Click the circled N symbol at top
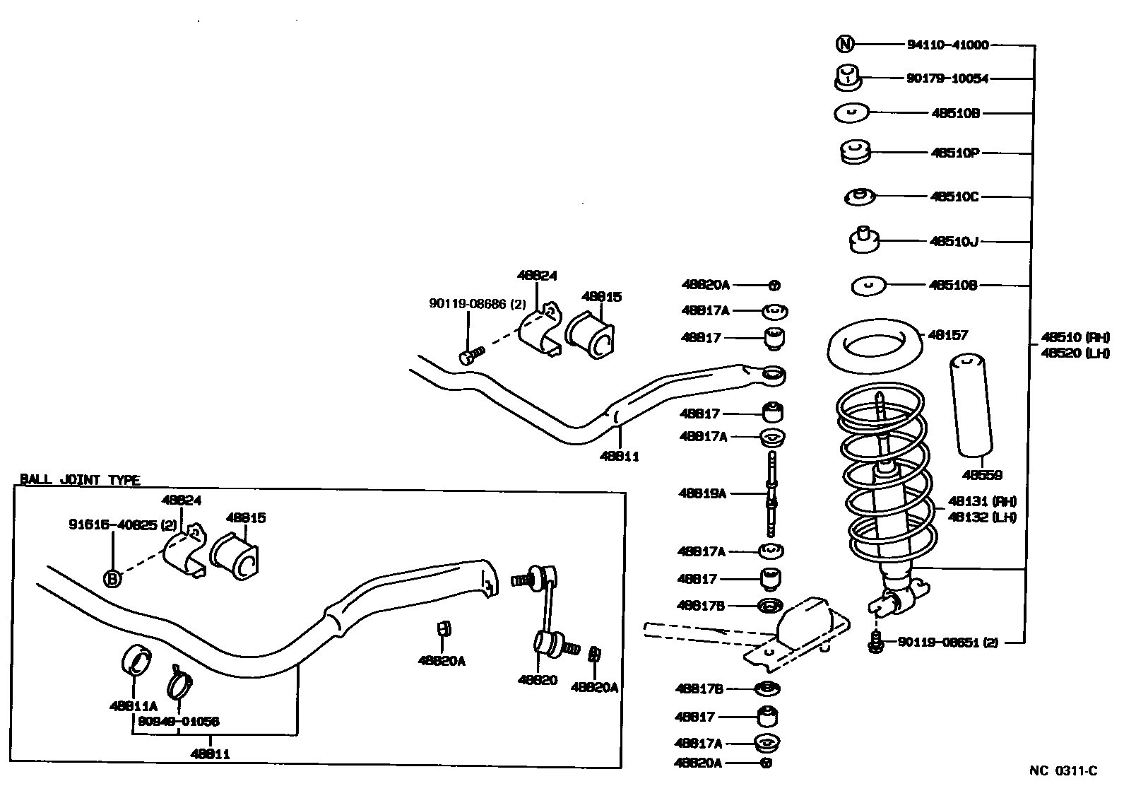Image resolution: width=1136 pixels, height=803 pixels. click(x=845, y=45)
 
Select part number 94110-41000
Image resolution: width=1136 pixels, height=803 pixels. click(x=947, y=45)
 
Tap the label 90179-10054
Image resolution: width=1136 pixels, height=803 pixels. click(x=947, y=78)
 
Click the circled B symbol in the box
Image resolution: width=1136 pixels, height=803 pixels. click(x=112, y=579)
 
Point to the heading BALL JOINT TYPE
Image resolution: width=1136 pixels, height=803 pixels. click(x=80, y=480)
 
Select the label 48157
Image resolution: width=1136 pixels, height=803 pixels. click(x=948, y=334)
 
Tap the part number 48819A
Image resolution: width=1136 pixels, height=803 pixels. click(x=702, y=493)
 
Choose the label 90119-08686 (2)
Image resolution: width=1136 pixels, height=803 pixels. click(x=478, y=303)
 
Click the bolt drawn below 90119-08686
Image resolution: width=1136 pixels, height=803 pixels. click(x=471, y=356)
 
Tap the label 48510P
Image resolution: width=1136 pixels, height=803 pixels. click(x=954, y=152)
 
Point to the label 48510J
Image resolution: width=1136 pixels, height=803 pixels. click(x=954, y=241)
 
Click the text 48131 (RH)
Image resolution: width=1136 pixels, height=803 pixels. click(x=982, y=501)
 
